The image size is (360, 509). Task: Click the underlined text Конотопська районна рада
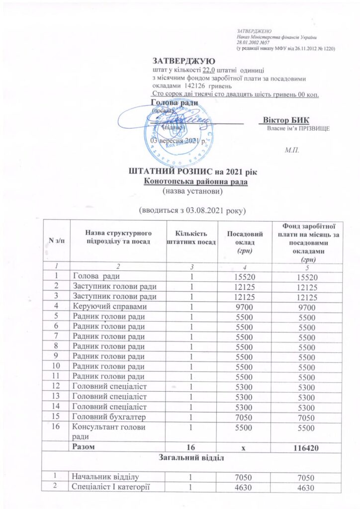click(195, 181)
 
